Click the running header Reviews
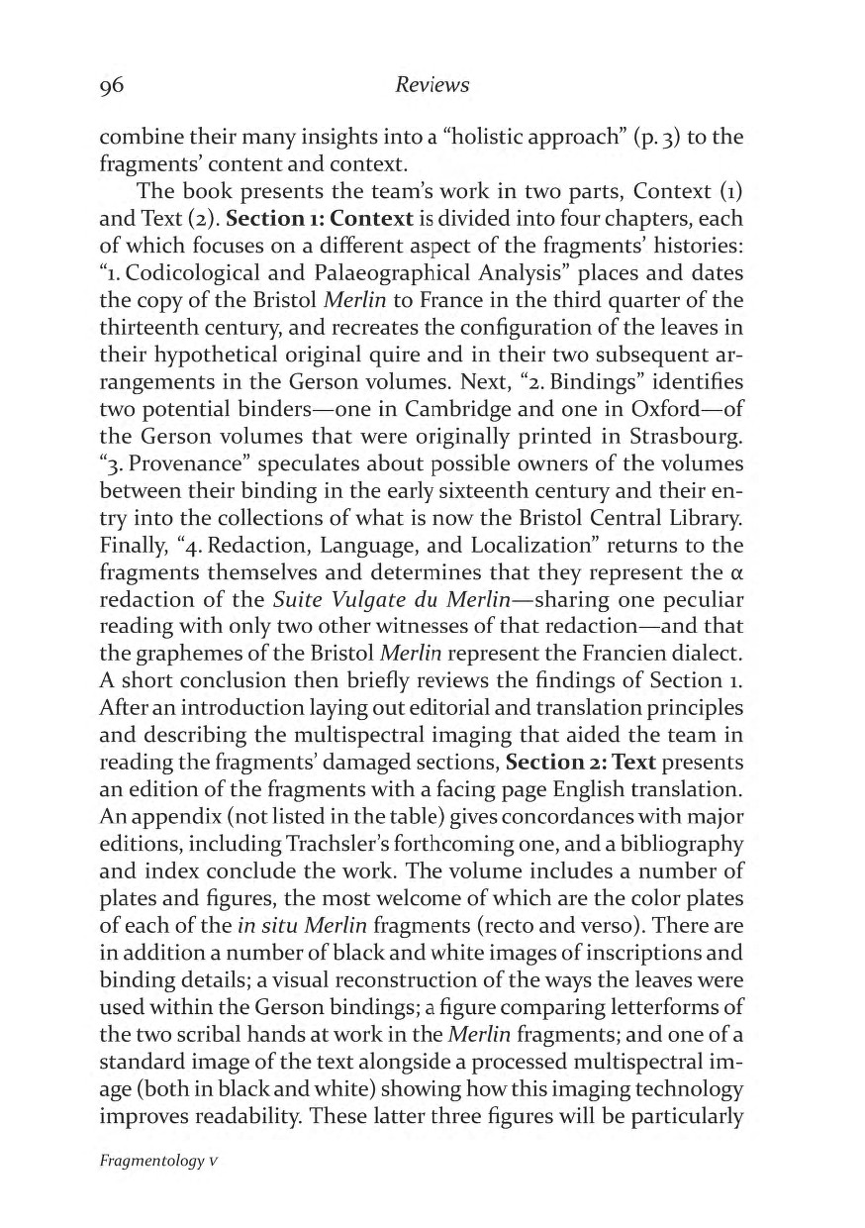tap(432, 86)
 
